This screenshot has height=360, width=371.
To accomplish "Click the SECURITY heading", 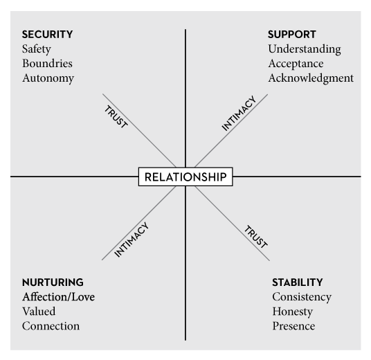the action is point(47,35).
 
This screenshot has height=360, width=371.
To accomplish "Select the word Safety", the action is point(37,49).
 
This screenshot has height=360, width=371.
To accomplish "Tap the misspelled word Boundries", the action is point(47,64).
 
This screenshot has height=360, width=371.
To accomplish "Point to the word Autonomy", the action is point(48,78).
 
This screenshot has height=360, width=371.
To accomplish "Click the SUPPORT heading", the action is point(292,35).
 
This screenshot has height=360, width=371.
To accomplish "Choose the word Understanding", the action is point(305,49).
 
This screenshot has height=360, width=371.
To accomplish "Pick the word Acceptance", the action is point(296,64).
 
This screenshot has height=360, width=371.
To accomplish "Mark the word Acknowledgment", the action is point(311,78).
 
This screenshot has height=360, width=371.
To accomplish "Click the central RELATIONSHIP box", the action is point(185,177).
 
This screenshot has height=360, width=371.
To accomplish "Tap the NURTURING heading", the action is point(53,282).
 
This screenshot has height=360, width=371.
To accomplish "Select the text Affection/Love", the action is point(58,297).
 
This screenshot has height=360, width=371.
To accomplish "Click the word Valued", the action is point(39,312).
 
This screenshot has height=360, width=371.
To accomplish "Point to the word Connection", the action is point(51,326).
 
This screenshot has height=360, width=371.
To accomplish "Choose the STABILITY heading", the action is point(298,282).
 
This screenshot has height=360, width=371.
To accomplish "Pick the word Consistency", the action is point(302,297).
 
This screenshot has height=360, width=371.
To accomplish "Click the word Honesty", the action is point(293,312).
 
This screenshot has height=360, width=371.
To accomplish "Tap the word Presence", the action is point(293,326).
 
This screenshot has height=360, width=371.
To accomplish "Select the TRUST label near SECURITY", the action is point(116,117).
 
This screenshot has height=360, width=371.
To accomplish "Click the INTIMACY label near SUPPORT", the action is point(239,113).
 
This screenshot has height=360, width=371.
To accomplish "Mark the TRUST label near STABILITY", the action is point(256,237).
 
